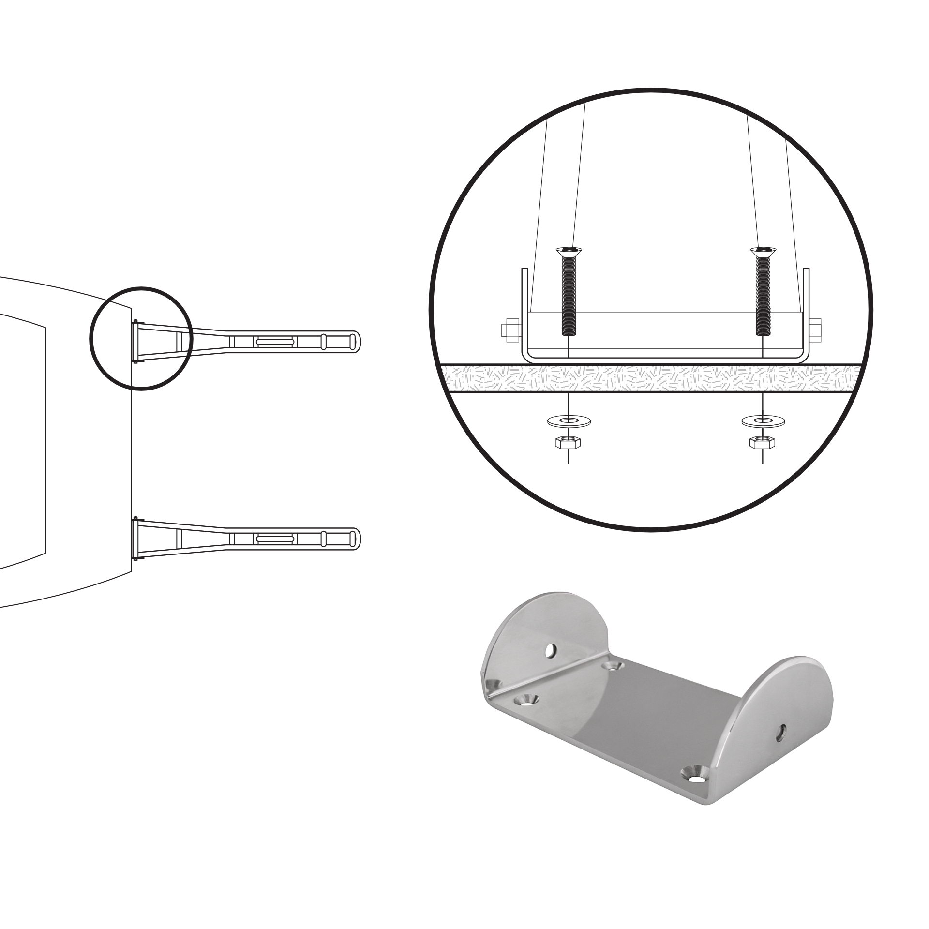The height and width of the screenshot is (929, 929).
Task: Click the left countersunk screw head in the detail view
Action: [569, 251]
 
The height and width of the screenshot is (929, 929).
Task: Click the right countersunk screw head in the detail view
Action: [764, 251]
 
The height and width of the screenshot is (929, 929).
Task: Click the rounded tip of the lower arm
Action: [356, 538]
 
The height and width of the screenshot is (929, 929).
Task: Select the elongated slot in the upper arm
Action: [275, 341]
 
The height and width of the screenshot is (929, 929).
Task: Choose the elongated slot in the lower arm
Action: [275, 539]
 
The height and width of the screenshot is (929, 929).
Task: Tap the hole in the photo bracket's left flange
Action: [550, 651]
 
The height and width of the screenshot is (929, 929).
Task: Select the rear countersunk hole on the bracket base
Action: [614, 667]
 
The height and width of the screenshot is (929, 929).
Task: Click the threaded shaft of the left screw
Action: [569, 295]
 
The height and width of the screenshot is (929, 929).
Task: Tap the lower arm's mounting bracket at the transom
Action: [135, 539]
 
